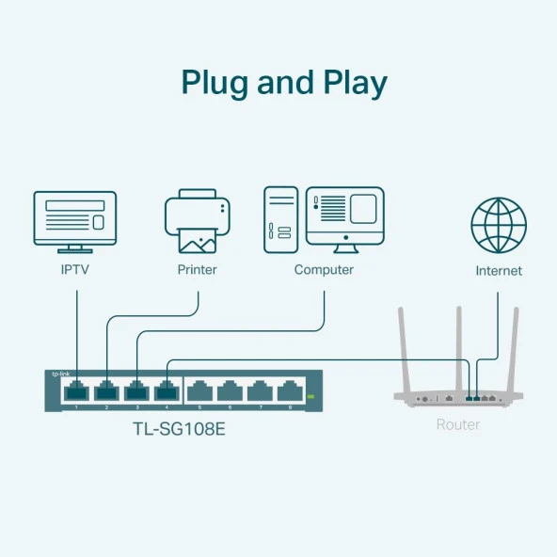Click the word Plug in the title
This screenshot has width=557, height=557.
tap(214, 83)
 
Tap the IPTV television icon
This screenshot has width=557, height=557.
tap(74, 221)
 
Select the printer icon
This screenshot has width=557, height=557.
tap(197, 221)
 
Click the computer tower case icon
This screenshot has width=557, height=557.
tap(280, 218)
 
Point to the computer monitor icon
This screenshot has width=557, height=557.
tap(345, 216)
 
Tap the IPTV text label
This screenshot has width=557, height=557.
tap(75, 270)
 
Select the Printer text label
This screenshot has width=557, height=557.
tap(197, 270)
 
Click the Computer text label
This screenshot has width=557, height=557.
tap(324, 270)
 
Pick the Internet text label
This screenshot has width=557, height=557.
tap(499, 271)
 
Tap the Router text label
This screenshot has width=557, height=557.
tap(458, 425)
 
